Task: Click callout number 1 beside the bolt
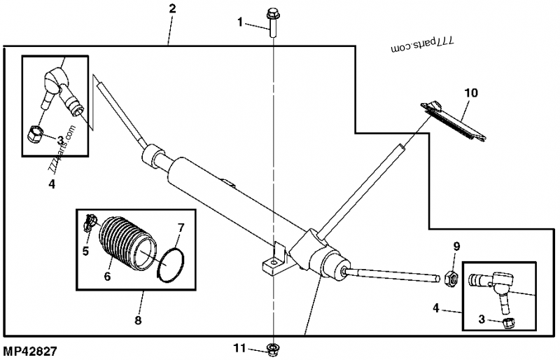pyautogui.click(x=240, y=22)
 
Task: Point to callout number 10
pyautogui.click(x=470, y=92)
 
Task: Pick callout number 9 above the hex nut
pyautogui.click(x=456, y=246)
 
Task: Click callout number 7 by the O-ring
pyautogui.click(x=181, y=227)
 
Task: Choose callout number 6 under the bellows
pyautogui.click(x=107, y=276)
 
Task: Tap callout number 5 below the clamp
pyautogui.click(x=85, y=250)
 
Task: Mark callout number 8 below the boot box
pyautogui.click(x=138, y=320)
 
